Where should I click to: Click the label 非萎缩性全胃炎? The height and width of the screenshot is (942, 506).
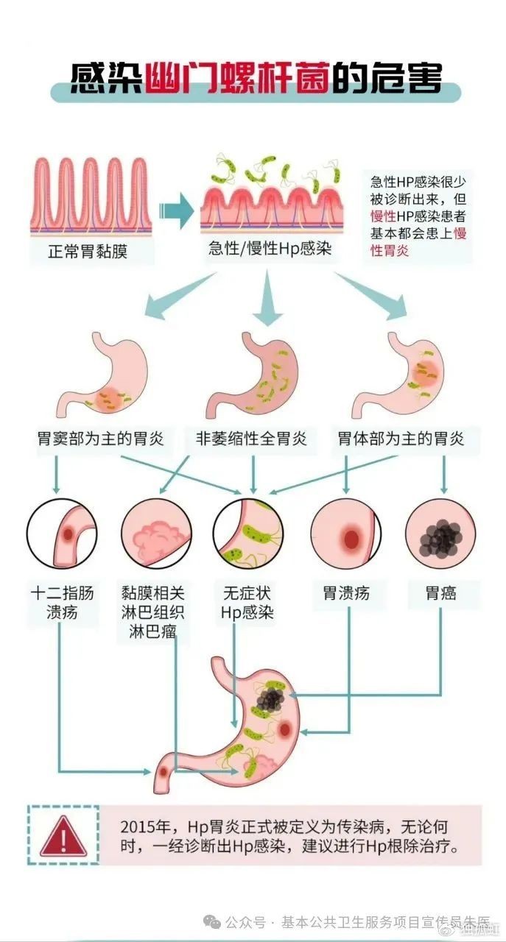[251, 439]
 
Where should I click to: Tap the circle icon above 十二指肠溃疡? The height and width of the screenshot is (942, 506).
[63, 534]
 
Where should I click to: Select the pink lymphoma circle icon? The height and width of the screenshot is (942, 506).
[157, 534]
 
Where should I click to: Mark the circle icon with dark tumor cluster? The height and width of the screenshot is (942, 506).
[440, 534]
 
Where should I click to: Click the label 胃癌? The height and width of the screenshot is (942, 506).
[440, 593]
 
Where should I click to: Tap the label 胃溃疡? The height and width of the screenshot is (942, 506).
[345, 593]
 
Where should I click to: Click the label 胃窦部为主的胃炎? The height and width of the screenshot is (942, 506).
[101, 439]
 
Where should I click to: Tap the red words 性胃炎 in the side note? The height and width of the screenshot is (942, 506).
[390, 251]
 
